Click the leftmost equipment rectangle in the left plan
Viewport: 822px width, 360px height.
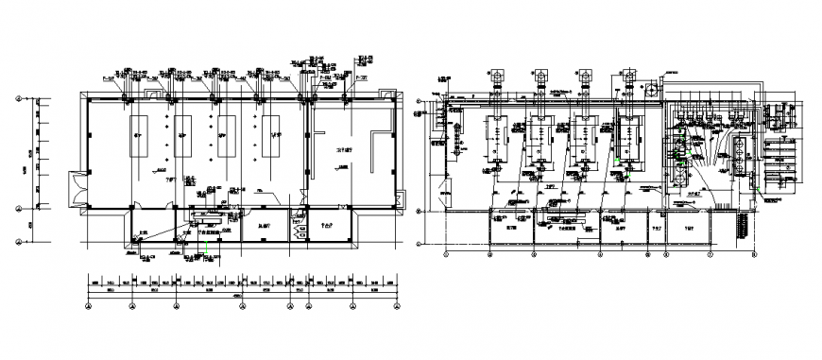pyautogui.click(x=138, y=134)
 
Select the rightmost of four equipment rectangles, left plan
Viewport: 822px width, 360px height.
pyautogui.click(x=271, y=134)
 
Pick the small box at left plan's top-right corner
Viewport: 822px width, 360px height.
pyautogui.click(x=385, y=91)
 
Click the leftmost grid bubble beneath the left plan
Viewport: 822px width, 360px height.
pyautogui.click(x=89, y=304)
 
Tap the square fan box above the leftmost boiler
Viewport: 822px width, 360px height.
pyautogui.click(x=494, y=74)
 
